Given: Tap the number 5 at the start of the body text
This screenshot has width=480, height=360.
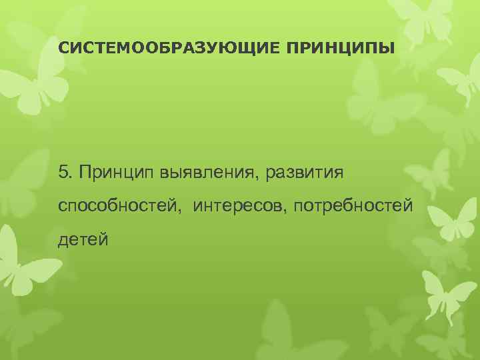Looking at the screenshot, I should coord(63,173).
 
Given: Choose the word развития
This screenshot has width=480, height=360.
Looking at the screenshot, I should coord(305,173).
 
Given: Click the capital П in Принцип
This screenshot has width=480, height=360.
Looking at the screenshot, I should coord(83,173).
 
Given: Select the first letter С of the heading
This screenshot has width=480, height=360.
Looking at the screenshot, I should coord(63,49).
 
